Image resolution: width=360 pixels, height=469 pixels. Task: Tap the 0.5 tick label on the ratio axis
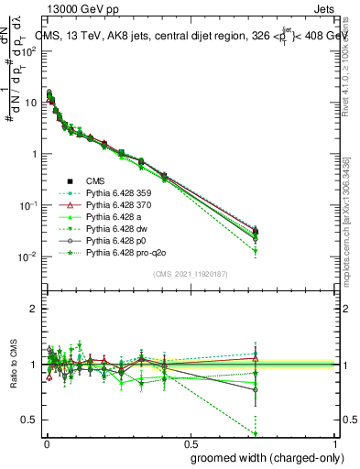[x=31, y=420]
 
